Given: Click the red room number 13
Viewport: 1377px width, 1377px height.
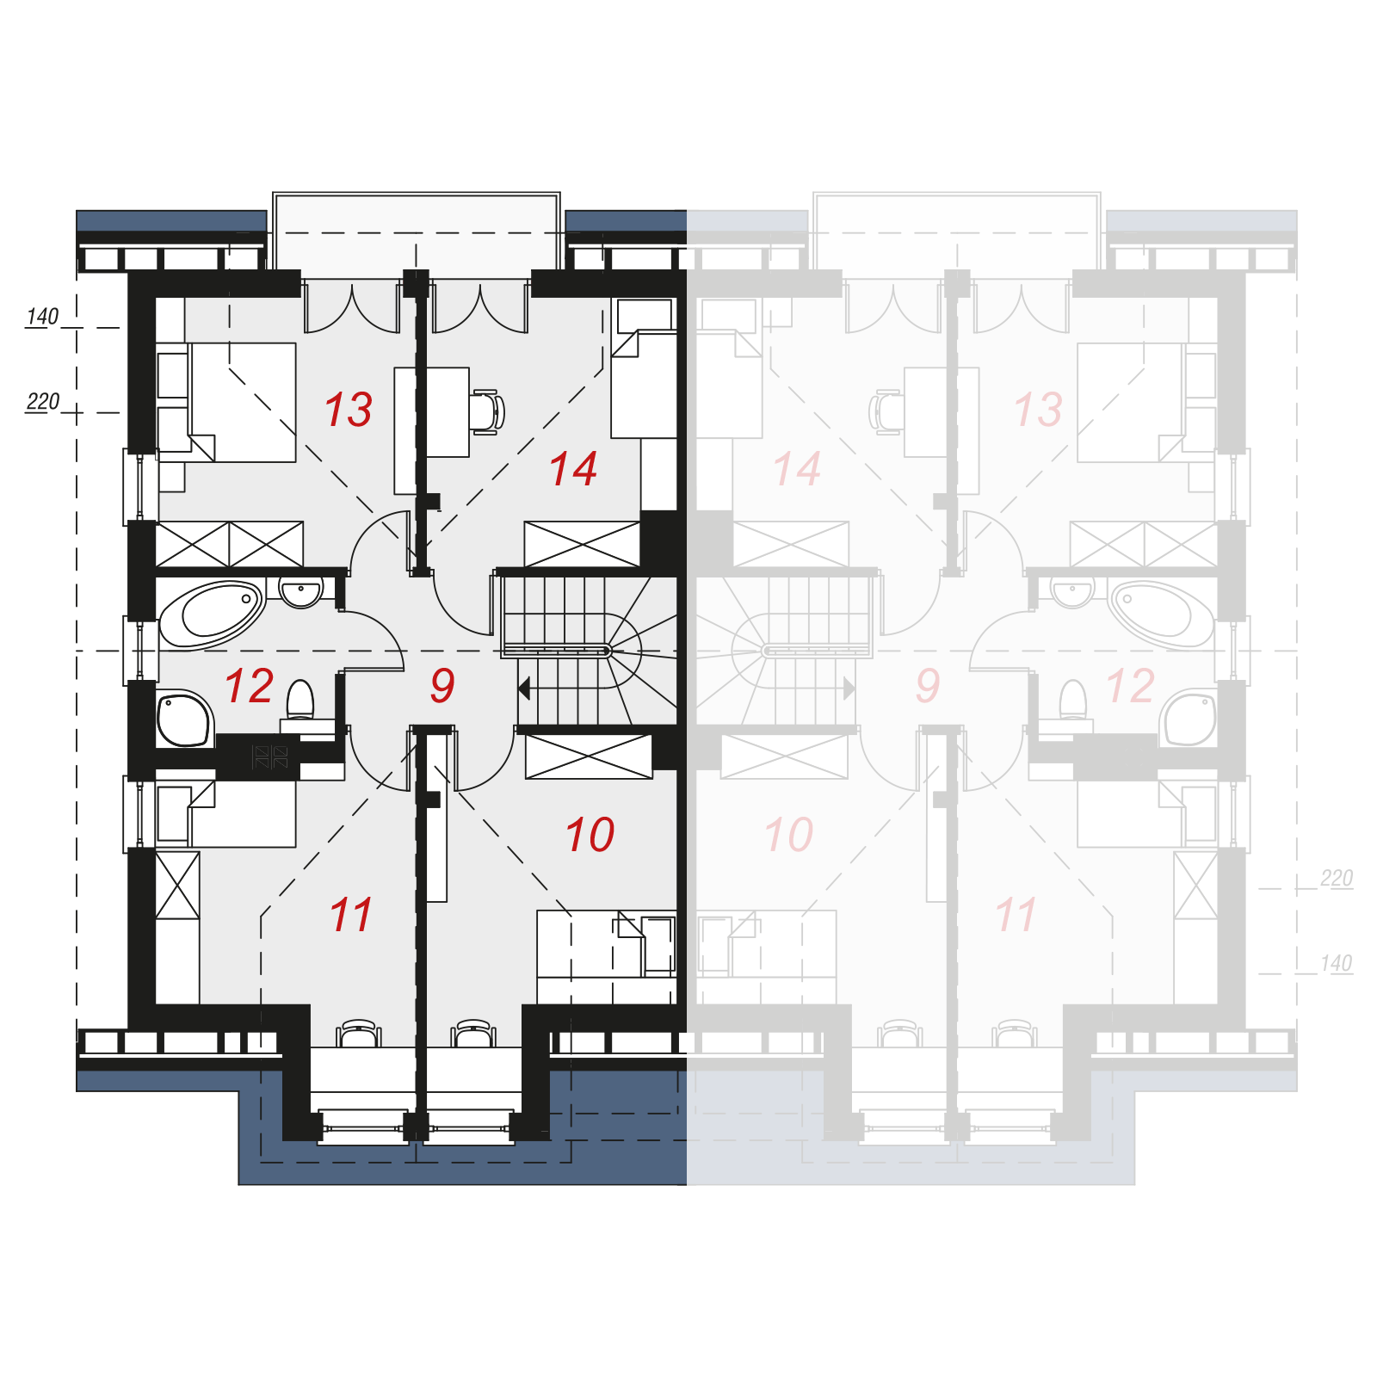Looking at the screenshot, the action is pos(349,409).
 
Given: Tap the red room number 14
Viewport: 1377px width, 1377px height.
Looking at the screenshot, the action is pos(573,469).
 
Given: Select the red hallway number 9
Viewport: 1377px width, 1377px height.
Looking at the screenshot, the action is pos(442,685).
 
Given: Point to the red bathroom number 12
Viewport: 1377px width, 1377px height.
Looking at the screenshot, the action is pos(250,686).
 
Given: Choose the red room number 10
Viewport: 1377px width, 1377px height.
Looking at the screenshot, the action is pos(590,835).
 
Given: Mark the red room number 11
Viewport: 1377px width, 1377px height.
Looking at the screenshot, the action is pos(351,915).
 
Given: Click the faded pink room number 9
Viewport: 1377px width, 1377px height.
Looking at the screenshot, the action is pos(928,685).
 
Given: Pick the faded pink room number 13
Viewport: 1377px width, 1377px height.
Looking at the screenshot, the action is pos(1039,409).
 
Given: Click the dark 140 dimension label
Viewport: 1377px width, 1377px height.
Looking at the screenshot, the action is pos(42,317).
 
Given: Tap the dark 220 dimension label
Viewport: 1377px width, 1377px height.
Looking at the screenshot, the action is pos(43,402).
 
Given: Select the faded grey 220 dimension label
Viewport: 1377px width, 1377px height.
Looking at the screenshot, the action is pos(1337,878).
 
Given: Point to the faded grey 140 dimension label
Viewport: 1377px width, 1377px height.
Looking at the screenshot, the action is pos(1337,963).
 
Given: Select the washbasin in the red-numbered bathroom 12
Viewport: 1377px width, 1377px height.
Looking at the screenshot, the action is pos(301,593).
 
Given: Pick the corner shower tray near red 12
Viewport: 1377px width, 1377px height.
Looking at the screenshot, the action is pos(184,719).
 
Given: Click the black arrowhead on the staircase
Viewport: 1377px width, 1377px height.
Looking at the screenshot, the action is pos(524,688).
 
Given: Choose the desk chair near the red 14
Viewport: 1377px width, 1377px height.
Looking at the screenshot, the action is pos(486,411).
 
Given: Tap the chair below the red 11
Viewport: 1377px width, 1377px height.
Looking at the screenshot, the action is pos(359,1033).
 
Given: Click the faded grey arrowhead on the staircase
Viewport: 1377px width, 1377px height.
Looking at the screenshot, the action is pos(849,688).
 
